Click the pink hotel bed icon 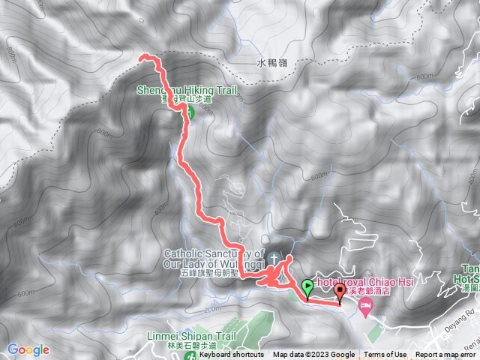[x=365, y=305]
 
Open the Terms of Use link [x=385, y=355]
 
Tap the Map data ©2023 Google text [x=313, y=355]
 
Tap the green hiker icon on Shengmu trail [x=189, y=112]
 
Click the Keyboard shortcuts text [x=231, y=355]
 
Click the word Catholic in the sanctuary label [x=183, y=253]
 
